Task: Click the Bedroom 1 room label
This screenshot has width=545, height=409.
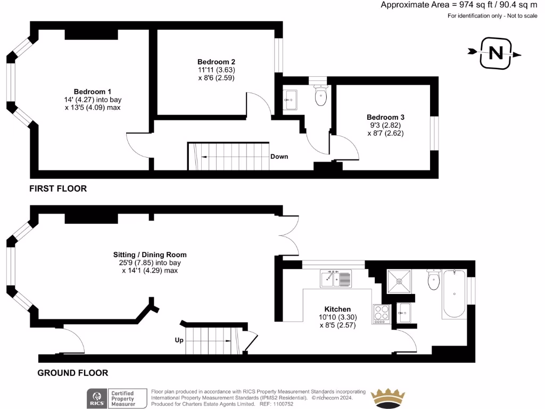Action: coord(93,91)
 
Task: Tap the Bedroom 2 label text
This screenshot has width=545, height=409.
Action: coord(216,61)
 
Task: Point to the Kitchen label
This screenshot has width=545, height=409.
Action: coord(338,309)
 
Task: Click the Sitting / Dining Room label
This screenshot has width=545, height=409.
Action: coord(150,255)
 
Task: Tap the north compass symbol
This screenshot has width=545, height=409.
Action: coord(495,53)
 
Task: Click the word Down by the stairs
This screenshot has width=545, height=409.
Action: coord(279,157)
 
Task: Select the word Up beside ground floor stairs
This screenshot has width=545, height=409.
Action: coord(179,340)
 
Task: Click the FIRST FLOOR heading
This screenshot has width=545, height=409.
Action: coord(58,189)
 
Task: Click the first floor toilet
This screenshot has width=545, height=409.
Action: coord(320,96)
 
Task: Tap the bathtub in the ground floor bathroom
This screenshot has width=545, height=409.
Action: coord(453,295)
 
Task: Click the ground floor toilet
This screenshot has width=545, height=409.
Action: coord(433,281)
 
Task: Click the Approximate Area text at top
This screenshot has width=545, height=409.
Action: coord(459,5)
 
